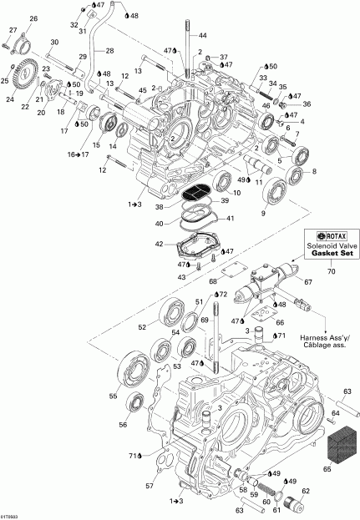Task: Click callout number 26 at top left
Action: pos(33,18)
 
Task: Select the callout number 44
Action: pos(201,36)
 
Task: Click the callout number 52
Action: pos(142,327)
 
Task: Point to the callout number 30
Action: pos(54,42)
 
